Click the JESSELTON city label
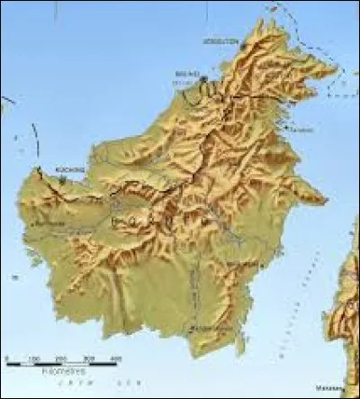tap(220, 41)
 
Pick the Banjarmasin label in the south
tap(209, 330)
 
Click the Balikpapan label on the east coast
tap(241, 263)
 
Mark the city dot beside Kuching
tap(61, 179)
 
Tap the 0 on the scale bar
tap(7, 359)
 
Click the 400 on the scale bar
tap(116, 359)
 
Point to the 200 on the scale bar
tap(62, 359)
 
